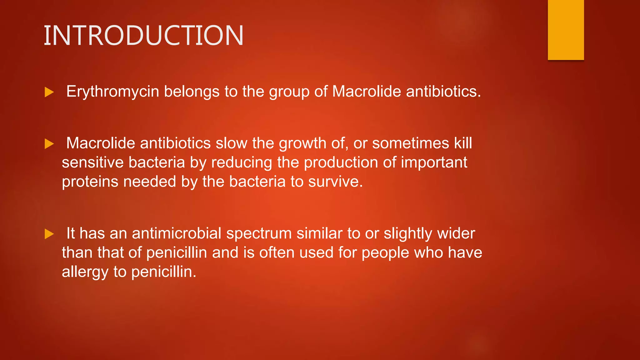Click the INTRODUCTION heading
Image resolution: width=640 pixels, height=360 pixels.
pos(143,36)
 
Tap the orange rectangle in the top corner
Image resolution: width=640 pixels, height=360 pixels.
pos(566,30)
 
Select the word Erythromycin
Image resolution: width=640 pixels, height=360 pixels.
pos(112,92)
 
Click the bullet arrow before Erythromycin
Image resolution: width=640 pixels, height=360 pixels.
pos(49,92)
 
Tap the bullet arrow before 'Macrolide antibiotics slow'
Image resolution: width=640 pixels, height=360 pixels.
pos(49,144)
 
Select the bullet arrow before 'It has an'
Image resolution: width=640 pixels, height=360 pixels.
pos(49,234)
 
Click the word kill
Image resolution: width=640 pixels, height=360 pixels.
pos(463,143)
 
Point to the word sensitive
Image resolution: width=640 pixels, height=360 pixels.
pos(92,163)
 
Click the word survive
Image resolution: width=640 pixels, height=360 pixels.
pos(335,182)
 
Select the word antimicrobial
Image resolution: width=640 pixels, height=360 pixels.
pos(177,234)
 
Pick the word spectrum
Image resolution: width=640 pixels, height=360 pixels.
pos(259,234)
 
